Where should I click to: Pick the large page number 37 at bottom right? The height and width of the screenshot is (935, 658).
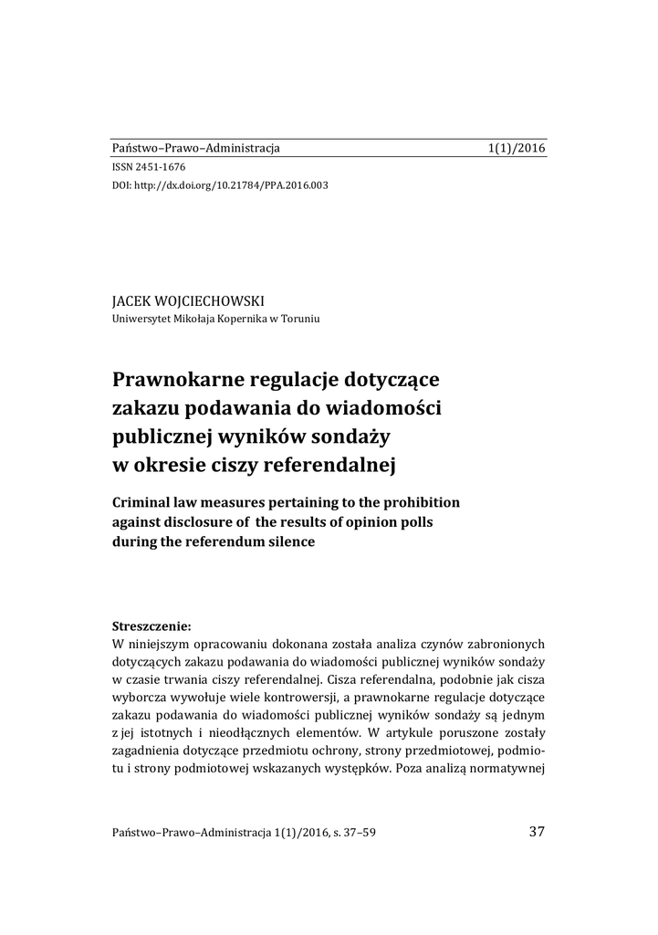point(537,831)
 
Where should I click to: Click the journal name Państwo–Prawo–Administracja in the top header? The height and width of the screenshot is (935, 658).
point(195,147)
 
